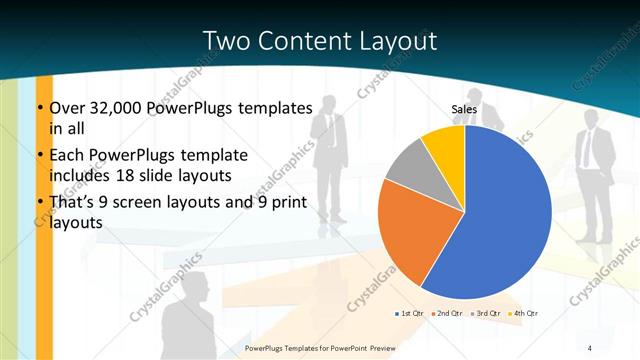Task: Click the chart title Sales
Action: (x=464, y=110)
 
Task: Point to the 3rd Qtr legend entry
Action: (x=487, y=314)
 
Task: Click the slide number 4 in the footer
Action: (x=590, y=347)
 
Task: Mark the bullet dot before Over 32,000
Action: (x=40, y=108)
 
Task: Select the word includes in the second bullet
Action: (x=81, y=174)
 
